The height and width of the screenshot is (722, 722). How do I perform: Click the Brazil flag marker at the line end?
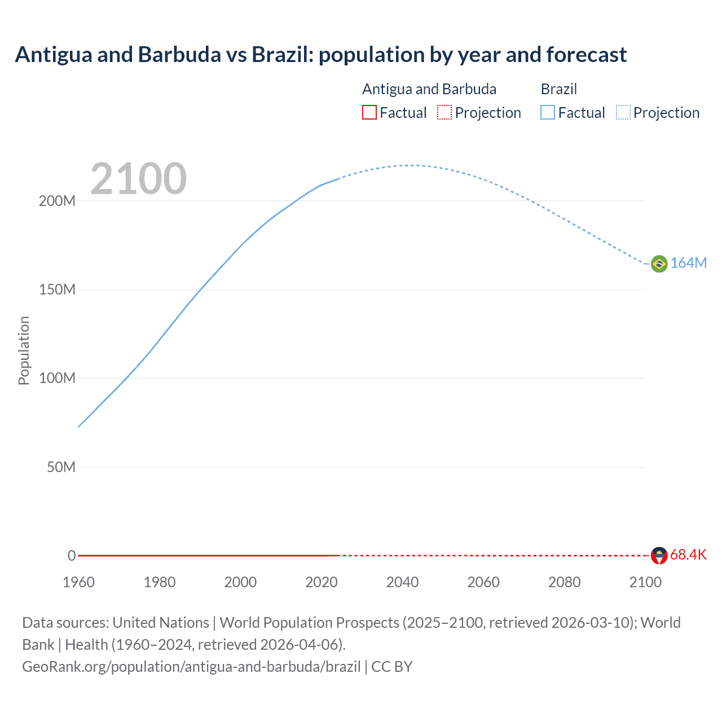click(x=659, y=263)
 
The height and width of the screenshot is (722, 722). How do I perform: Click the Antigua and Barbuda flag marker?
click(x=659, y=556)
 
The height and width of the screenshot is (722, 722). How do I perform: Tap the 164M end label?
click(x=688, y=263)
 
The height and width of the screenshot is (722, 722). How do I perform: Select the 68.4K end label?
click(x=688, y=555)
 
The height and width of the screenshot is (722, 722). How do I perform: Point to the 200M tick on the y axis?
click(x=57, y=201)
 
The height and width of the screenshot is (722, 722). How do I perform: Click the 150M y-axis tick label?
click(x=57, y=290)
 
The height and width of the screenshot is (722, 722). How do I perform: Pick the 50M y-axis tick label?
click(x=61, y=468)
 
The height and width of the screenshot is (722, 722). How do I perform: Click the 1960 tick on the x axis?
click(x=78, y=582)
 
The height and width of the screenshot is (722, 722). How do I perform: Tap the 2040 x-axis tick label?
click(x=402, y=582)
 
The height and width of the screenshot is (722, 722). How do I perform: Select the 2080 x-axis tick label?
click(x=564, y=582)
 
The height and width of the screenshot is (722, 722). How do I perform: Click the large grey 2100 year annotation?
click(x=138, y=179)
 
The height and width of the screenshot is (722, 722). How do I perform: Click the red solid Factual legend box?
click(x=369, y=113)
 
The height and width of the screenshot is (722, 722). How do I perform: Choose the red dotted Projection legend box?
click(x=444, y=113)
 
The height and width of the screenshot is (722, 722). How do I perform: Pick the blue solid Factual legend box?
click(x=547, y=113)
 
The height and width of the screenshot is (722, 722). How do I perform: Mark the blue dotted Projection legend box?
click(x=623, y=113)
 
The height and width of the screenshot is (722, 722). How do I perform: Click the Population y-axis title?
click(x=24, y=350)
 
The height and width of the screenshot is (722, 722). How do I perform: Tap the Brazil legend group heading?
click(x=558, y=89)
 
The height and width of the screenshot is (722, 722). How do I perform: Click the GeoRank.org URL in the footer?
click(x=191, y=667)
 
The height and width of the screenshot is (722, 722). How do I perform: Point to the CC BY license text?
click(x=392, y=667)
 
